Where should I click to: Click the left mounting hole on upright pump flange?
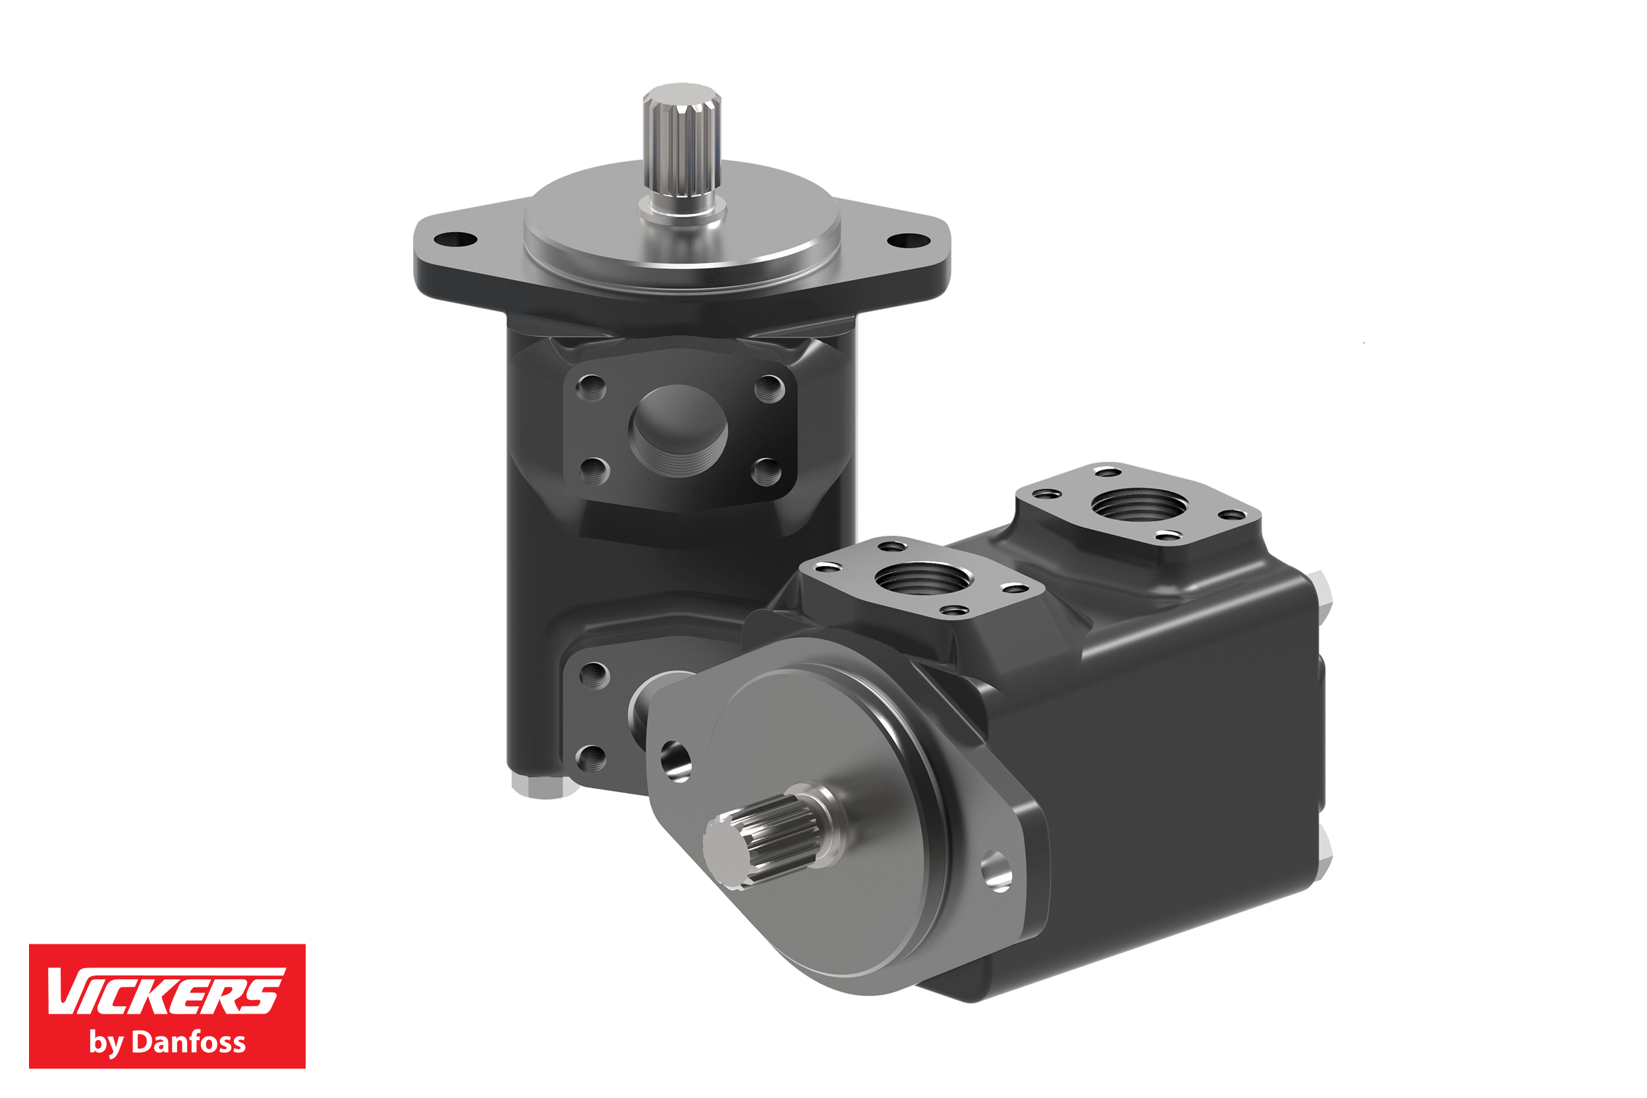point(455,239)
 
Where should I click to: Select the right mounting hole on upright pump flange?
point(908,242)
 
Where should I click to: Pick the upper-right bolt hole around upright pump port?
point(769,388)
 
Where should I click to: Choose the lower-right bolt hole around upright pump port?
point(766,471)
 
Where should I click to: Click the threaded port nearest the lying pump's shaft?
point(922,579)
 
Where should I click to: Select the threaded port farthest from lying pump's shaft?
point(1140,504)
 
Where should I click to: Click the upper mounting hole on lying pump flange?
point(675,761)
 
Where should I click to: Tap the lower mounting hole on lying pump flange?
point(996,871)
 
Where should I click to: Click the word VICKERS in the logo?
point(165,991)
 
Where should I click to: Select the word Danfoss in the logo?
point(188,1042)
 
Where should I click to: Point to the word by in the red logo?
point(105,1043)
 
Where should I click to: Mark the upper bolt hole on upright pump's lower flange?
point(594,675)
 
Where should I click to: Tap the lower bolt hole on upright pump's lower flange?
point(592,757)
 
